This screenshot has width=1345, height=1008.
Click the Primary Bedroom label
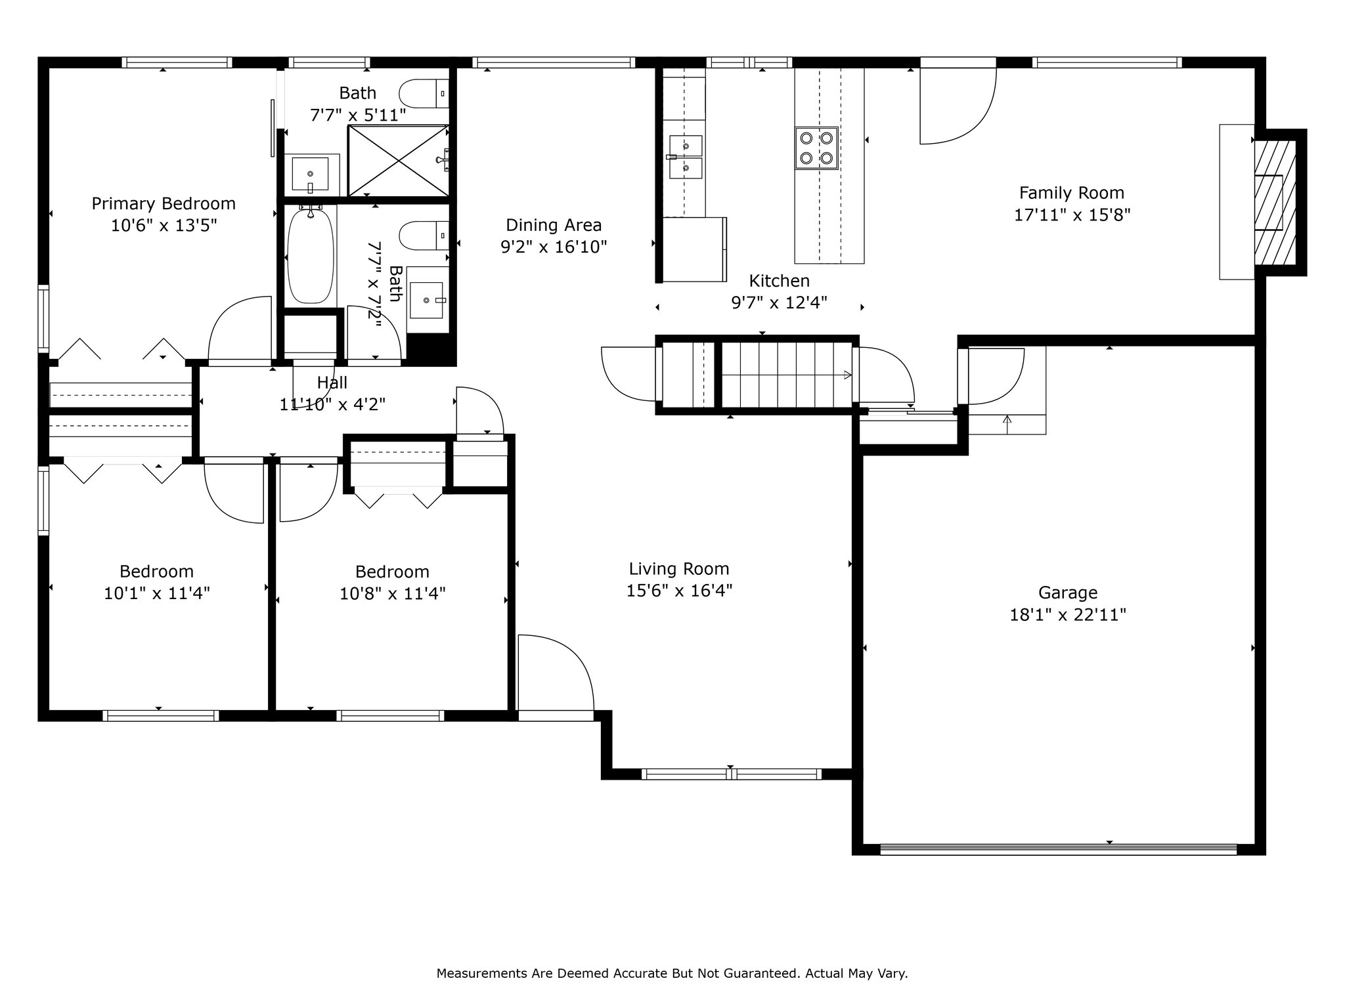pyautogui.click(x=164, y=203)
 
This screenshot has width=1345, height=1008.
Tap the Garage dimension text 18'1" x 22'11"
pyautogui.click(x=1068, y=615)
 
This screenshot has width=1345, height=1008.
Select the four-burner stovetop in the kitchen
pyautogui.click(x=816, y=148)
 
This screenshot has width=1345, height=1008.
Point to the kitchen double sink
pyautogui.click(x=685, y=157)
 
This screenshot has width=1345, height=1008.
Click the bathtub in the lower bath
pyautogui.click(x=311, y=255)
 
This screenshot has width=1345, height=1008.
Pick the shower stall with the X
pyautogui.click(x=398, y=161)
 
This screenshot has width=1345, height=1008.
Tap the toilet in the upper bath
pyautogui.click(x=424, y=93)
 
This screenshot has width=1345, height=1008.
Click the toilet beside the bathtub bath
pyautogui.click(x=424, y=236)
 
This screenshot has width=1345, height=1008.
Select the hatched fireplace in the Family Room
pyautogui.click(x=1275, y=203)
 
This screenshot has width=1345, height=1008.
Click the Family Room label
pyautogui.click(x=1072, y=193)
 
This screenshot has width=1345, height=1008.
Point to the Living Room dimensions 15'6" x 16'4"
pyautogui.click(x=679, y=591)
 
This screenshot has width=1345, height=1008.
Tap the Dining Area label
pyautogui.click(x=554, y=225)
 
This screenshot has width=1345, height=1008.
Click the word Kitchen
pyautogui.click(x=780, y=281)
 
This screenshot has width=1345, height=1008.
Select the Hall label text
pyautogui.click(x=332, y=383)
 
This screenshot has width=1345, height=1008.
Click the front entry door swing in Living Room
pyautogui.click(x=556, y=673)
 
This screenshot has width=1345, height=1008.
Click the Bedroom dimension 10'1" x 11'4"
pyautogui.click(x=157, y=593)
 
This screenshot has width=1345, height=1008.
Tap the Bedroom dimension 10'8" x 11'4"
pyautogui.click(x=393, y=593)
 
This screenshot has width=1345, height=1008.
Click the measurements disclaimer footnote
pyautogui.click(x=672, y=973)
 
